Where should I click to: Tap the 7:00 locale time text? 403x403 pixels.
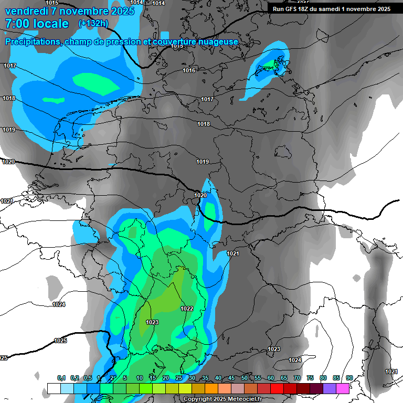point(37,24)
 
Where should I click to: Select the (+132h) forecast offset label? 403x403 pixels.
point(93,23)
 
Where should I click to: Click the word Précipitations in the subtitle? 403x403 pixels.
point(33,41)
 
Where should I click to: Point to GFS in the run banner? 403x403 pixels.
point(296,9)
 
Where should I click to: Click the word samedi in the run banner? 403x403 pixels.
point(328,9)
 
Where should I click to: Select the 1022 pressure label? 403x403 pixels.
point(186,309)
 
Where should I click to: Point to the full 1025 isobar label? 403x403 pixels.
point(60,341)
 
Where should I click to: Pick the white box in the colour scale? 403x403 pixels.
point(54,388)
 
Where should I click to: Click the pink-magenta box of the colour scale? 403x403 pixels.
point(343,388)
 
